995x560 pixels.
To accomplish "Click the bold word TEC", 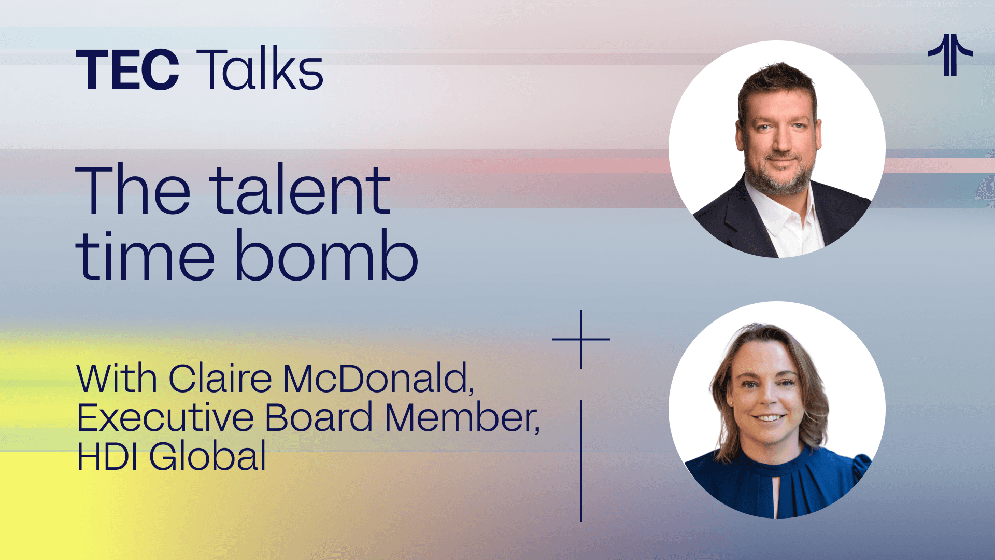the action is pyautogui.click(x=127, y=69).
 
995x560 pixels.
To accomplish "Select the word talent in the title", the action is pyautogui.click(x=300, y=189).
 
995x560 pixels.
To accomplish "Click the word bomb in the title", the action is pyautogui.click(x=326, y=255).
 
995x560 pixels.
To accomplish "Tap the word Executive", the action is pyautogui.click(x=165, y=417).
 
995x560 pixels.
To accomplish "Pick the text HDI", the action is pyautogui.click(x=107, y=456).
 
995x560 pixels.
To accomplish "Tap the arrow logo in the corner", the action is pyautogui.click(x=950, y=54).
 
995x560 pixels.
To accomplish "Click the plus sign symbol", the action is pyautogui.click(x=581, y=339).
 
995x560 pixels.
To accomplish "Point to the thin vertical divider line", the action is pyautogui.click(x=581, y=461).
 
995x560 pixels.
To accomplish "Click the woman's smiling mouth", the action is pyautogui.click(x=769, y=417).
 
